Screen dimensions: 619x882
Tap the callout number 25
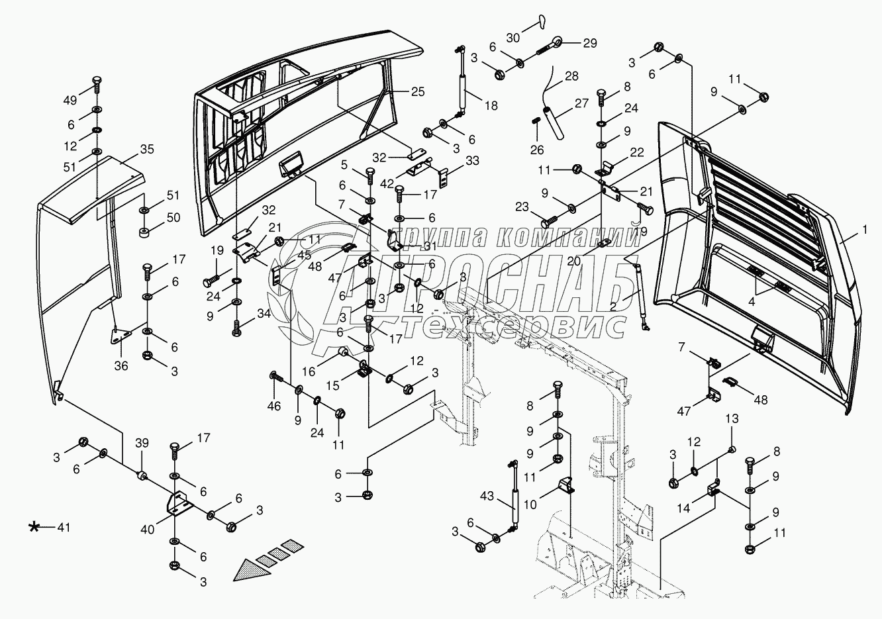click(x=417, y=91)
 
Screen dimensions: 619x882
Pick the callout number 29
click(x=589, y=43)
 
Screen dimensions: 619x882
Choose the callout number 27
click(x=581, y=103)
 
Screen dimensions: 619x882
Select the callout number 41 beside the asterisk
click(x=62, y=528)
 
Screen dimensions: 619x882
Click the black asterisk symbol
click(x=34, y=527)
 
